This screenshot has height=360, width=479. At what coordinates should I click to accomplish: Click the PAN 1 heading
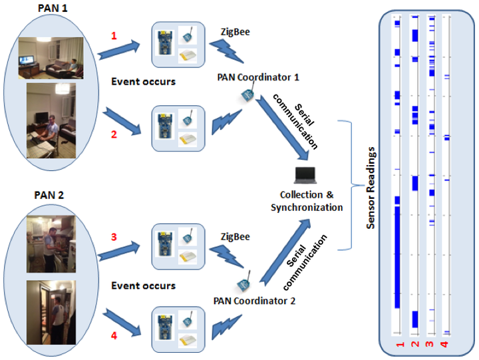pyautogui.click(x=53, y=8)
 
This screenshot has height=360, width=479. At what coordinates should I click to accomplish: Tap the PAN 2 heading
pyautogui.click(x=49, y=195)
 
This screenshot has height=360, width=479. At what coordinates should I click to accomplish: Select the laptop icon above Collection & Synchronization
pyautogui.click(x=305, y=176)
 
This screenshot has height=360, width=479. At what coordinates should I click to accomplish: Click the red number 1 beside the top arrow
pyautogui.click(x=114, y=36)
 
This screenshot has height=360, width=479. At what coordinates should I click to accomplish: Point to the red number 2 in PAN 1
pyautogui.click(x=114, y=134)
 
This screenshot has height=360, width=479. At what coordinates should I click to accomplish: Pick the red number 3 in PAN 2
pyautogui.click(x=114, y=237)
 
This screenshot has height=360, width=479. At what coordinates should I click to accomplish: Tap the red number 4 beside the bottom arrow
pyautogui.click(x=114, y=335)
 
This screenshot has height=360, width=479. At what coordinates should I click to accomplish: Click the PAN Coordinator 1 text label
pyautogui.click(x=258, y=77)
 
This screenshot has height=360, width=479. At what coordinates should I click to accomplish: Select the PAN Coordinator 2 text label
pyautogui.click(x=254, y=301)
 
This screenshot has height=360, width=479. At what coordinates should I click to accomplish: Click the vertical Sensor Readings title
pyautogui.click(x=371, y=188)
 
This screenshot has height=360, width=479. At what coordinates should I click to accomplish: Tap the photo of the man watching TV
pyautogui.click(x=51, y=58)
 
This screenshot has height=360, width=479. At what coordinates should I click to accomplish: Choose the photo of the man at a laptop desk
pyautogui.click(x=51, y=120)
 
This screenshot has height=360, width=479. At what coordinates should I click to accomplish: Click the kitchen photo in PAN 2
pyautogui.click(x=51, y=244)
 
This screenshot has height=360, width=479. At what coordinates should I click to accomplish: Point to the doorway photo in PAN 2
pyautogui.click(x=51, y=313)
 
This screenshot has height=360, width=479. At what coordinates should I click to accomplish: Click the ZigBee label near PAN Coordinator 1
pyautogui.click(x=236, y=32)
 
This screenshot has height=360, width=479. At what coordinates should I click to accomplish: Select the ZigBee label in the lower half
pyautogui.click(x=236, y=237)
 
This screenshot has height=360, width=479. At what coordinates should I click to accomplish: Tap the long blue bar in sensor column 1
pyautogui.click(x=397, y=258)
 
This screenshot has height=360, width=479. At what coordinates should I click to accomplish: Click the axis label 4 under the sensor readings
pyautogui.click(x=444, y=344)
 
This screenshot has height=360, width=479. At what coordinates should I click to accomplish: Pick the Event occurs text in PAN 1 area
pyautogui.click(x=143, y=82)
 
